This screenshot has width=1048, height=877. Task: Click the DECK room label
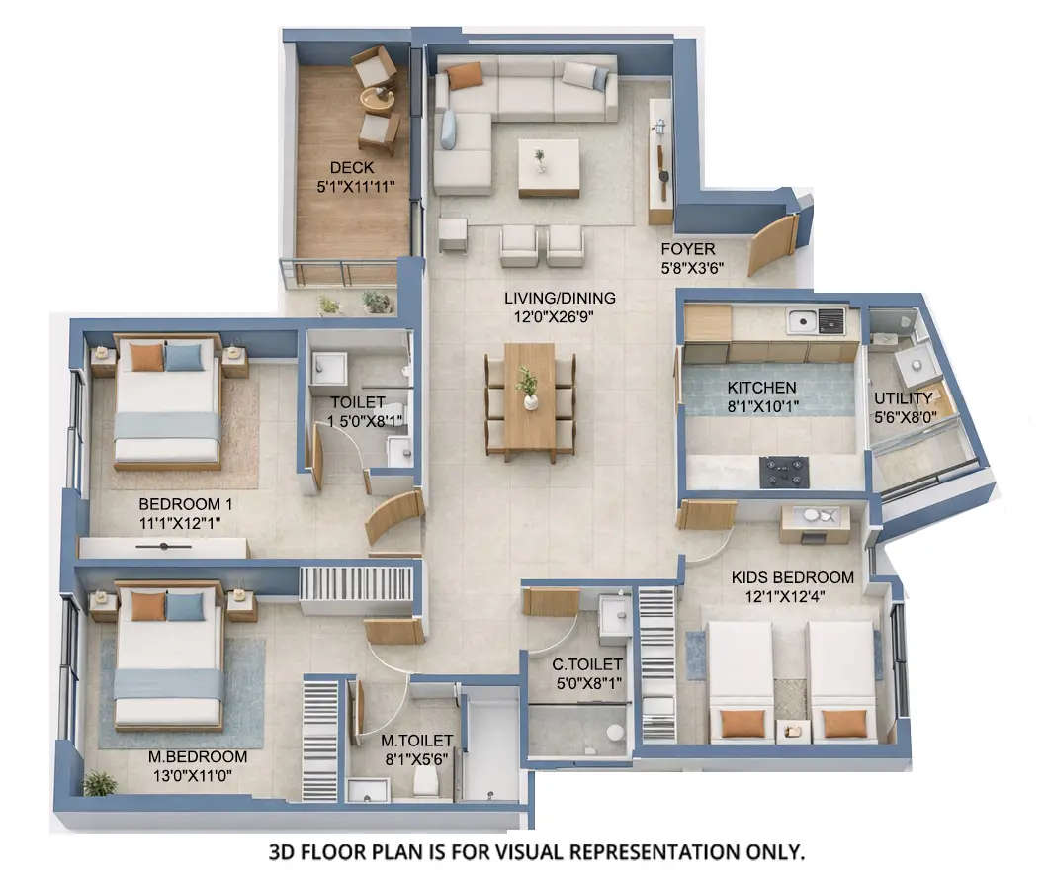(352, 168)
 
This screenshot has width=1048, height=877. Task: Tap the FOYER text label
(688, 249)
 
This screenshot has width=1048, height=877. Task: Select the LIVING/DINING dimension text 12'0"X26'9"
(560, 316)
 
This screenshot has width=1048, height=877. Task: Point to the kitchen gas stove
(784, 471)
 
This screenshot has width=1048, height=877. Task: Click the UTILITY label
(903, 398)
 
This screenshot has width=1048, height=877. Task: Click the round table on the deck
(377, 98)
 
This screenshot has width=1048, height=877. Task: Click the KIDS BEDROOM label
(792, 577)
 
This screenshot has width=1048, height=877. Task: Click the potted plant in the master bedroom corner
(100, 783)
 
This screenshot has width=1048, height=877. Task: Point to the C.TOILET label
(587, 664)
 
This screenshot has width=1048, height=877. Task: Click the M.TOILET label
(416, 740)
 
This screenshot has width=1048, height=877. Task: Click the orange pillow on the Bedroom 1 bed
(146, 357)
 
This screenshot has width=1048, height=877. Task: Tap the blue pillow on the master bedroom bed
(185, 605)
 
